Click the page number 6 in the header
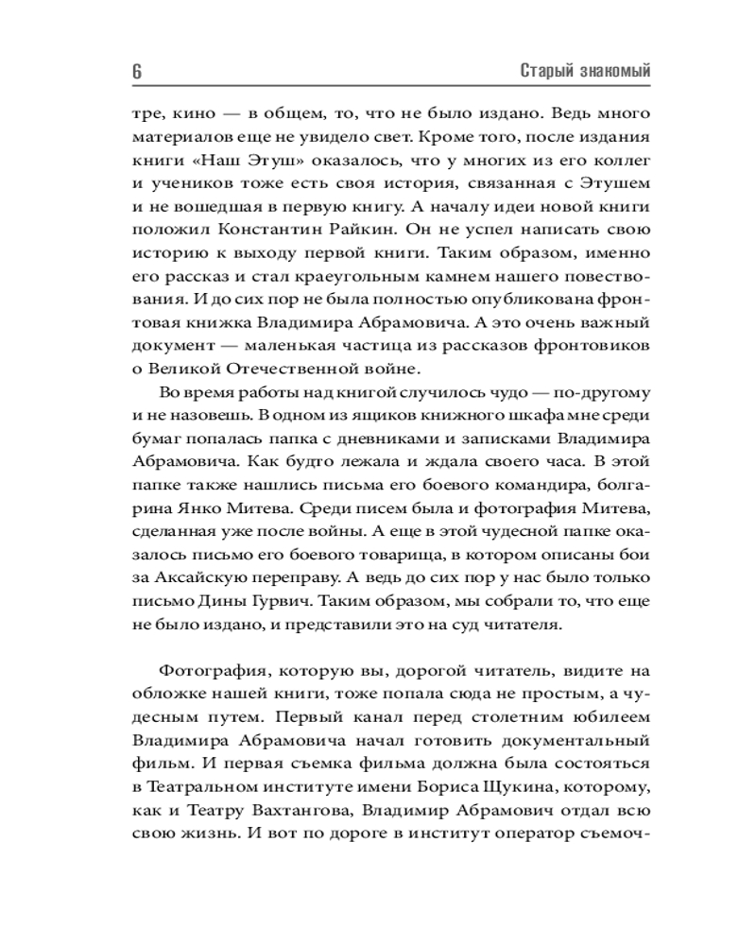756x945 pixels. [x=137, y=72]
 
